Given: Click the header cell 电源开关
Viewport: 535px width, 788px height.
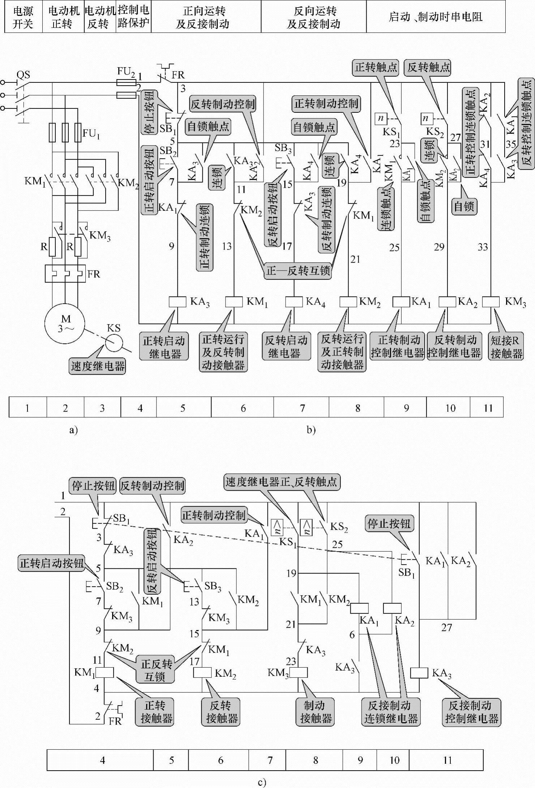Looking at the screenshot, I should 23,17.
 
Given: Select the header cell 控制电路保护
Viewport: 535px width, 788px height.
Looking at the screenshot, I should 133,17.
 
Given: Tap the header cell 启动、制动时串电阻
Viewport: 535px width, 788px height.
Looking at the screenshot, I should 436,17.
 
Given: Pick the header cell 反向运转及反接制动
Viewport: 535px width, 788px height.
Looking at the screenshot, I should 314,17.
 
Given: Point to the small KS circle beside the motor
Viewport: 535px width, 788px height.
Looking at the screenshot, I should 114,343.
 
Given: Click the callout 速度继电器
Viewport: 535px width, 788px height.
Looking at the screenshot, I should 98,366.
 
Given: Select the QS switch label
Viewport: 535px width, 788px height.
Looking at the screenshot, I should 23,75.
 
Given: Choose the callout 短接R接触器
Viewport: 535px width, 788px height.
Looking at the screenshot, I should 506,346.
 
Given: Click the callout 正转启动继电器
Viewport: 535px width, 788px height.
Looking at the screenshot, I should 164,347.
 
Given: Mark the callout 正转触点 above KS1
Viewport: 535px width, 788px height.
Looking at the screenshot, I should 376,67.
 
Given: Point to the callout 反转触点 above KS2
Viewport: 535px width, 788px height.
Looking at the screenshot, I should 429,67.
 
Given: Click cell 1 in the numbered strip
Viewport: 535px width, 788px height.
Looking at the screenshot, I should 27,408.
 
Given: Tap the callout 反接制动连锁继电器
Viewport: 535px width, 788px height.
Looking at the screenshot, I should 390,712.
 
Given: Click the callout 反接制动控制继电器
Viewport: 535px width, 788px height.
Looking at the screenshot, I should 471,712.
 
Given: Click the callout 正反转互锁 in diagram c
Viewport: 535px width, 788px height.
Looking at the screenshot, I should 156,670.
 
